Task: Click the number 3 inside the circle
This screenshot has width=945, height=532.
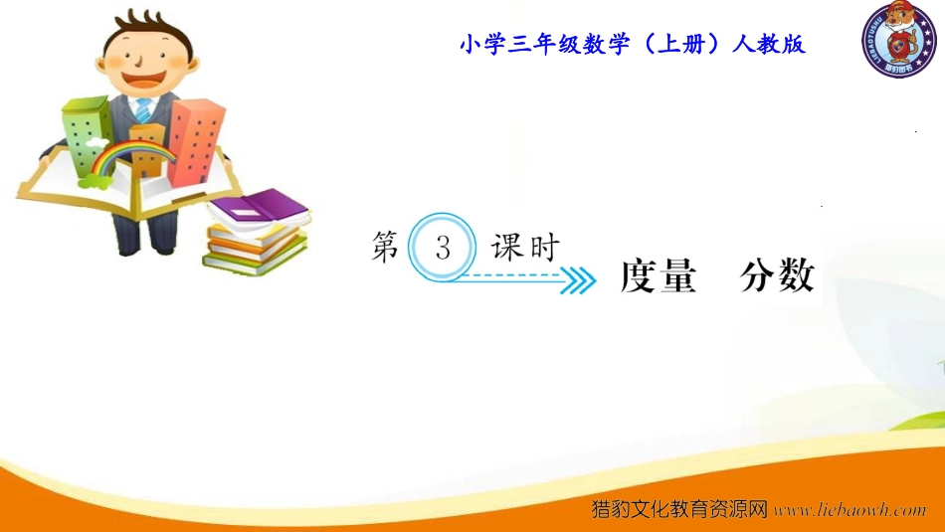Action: [443, 248]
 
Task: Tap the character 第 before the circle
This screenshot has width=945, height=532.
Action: [385, 247]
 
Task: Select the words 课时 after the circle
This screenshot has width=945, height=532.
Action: [525, 247]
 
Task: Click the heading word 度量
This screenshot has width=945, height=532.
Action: [659, 275]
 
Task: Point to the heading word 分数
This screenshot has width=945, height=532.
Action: [778, 275]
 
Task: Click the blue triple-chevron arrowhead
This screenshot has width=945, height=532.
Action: [578, 280]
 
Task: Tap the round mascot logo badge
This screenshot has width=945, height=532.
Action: [899, 39]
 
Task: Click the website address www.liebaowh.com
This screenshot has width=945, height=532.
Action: [850, 510]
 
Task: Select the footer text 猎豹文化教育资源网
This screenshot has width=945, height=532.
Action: [679, 509]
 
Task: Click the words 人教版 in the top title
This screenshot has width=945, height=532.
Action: [768, 44]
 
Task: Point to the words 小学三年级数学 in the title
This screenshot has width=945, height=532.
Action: [544, 44]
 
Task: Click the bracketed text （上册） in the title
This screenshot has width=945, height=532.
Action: [681, 44]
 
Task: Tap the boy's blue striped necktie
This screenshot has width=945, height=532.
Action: [143, 110]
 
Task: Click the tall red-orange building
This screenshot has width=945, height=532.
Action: [195, 141]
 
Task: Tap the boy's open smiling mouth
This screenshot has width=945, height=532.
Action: [144, 78]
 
